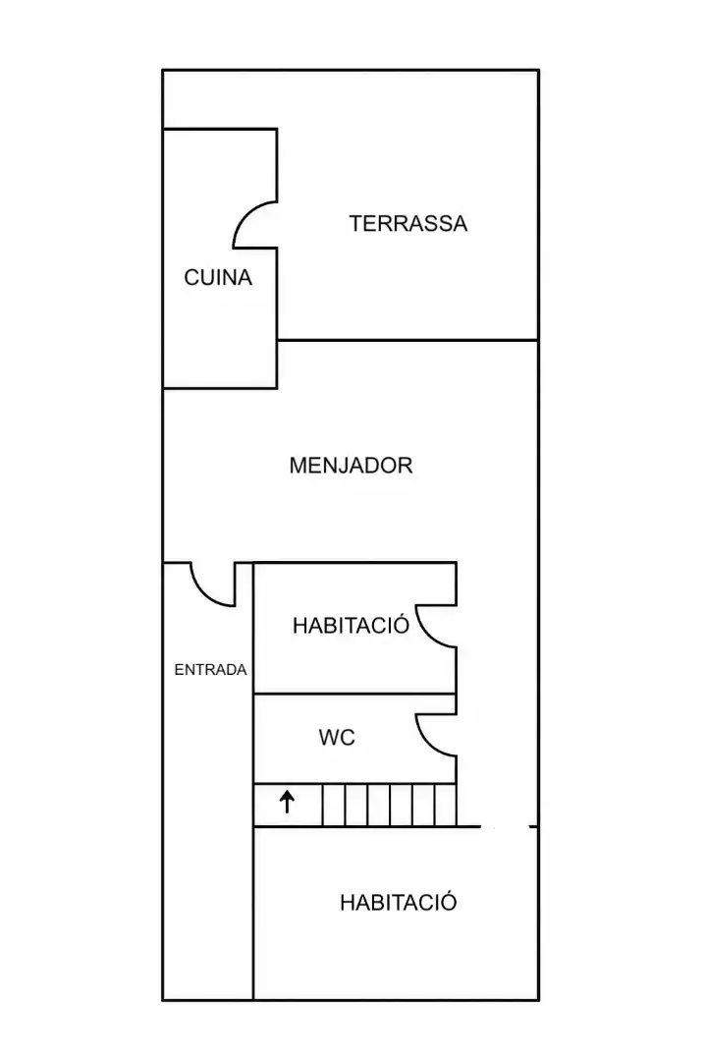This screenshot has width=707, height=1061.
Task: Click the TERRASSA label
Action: click(x=408, y=223)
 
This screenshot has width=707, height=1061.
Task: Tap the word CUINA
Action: click(x=218, y=277)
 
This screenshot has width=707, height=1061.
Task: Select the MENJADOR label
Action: click(x=351, y=466)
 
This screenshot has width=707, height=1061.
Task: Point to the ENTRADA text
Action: click(x=210, y=670)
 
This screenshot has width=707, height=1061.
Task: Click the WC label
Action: click(x=337, y=738)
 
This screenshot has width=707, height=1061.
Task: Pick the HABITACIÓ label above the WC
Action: click(x=351, y=624)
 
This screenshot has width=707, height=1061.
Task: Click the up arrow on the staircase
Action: click(x=288, y=802)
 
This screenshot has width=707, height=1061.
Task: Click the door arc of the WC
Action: click(x=426, y=745)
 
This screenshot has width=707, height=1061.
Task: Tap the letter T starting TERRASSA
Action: click(x=356, y=223)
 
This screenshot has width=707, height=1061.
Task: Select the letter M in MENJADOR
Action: click(x=299, y=466)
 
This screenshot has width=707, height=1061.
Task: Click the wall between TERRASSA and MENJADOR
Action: click(x=408, y=340)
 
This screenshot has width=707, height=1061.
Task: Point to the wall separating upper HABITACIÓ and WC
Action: click(x=354, y=694)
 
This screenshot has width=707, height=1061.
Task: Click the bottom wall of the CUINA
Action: click(x=220, y=388)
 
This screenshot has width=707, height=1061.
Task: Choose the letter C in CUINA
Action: click(x=191, y=277)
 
